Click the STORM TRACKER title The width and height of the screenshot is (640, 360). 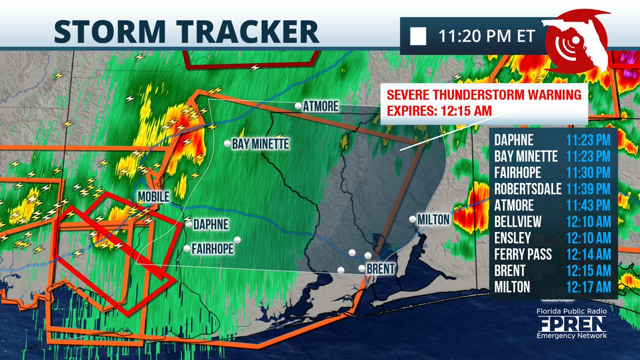187,31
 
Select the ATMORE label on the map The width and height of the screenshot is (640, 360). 321,107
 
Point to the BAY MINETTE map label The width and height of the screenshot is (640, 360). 260,144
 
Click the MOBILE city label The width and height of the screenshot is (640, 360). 153,197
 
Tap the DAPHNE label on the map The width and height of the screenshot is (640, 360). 211,225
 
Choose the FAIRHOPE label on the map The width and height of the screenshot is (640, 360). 212,249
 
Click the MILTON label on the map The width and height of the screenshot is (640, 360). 434,219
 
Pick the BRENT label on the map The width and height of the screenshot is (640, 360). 380,270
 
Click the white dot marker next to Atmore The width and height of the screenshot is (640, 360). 298,106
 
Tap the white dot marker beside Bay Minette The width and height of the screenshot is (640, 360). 227,143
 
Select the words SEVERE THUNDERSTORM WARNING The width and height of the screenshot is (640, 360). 484,96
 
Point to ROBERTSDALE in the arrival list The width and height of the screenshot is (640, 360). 527,189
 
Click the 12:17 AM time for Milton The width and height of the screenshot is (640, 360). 588,287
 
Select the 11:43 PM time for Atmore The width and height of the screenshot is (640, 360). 588,205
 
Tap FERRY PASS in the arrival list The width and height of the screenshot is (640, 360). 523,254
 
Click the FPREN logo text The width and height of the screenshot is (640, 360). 571,323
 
